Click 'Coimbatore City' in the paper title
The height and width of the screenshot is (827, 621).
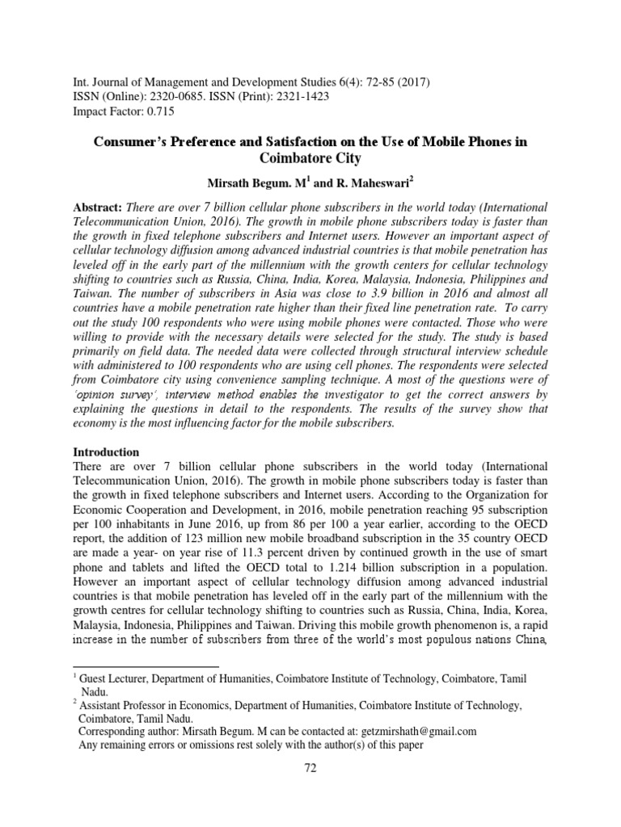[x=310, y=160]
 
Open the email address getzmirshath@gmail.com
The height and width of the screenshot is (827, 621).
[x=412, y=731]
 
